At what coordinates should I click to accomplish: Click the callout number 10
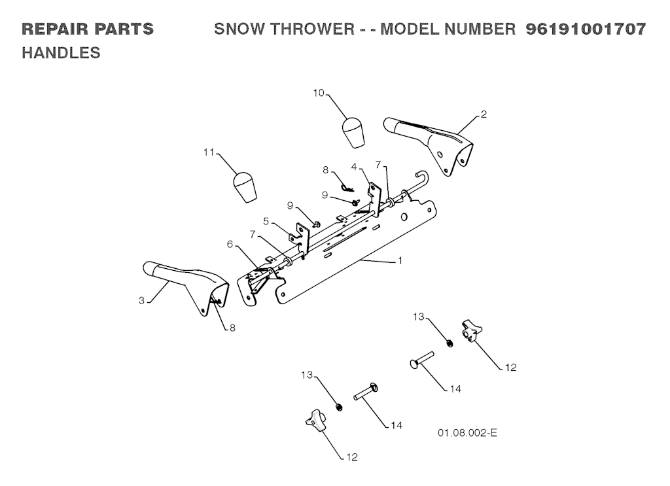tap(319, 94)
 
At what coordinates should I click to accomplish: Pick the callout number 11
tap(209, 152)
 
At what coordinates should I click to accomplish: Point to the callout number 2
tap(484, 114)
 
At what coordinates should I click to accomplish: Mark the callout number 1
tap(400, 260)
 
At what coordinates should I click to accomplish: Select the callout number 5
tap(266, 220)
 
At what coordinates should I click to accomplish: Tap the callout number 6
tap(230, 243)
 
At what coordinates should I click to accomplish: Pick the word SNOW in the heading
tap(237, 29)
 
